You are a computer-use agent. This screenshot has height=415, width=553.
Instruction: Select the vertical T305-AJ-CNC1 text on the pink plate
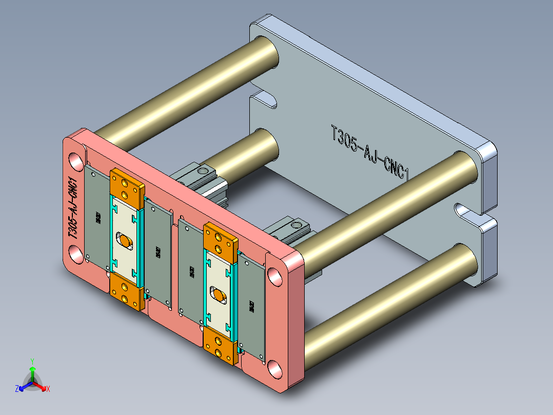pyautogui.click(x=73, y=208)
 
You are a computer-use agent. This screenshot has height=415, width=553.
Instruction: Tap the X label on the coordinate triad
pyautogui.click(x=48, y=389)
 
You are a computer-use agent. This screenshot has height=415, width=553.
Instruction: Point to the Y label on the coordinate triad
pyautogui.click(x=32, y=361)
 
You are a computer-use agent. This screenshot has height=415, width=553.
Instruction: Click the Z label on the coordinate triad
pyautogui.click(x=17, y=389)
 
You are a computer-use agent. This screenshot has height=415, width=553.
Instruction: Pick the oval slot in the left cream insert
pyautogui.click(x=124, y=239)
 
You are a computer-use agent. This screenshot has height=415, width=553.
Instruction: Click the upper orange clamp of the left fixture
pyautogui.click(x=127, y=188)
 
